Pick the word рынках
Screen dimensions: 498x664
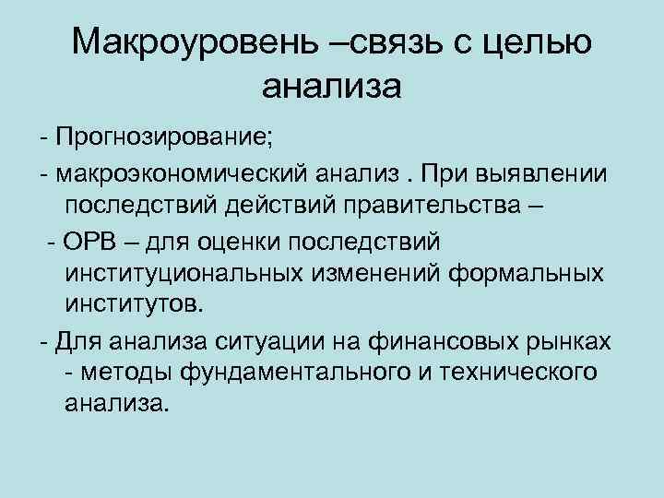coord(571,342)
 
